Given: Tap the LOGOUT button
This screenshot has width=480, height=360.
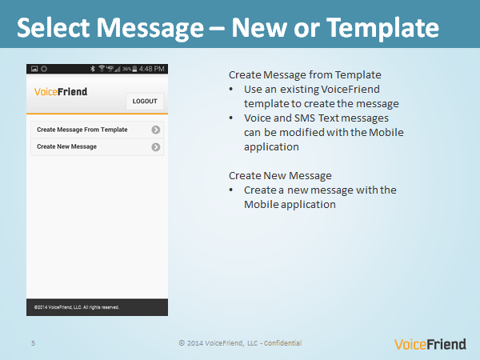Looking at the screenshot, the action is coord(145,102).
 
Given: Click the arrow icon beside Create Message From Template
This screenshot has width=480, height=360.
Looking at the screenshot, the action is coord(156,130).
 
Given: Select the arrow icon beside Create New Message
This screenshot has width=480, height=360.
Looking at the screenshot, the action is coord(156,147).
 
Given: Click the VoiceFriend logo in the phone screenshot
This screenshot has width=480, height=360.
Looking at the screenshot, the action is coord(61,91).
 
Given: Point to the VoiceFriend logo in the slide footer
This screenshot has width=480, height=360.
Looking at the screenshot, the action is coord(430,344).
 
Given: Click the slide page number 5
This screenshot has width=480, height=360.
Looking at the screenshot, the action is coord(33,343).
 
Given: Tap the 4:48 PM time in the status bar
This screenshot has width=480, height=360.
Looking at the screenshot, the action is coord(152,69).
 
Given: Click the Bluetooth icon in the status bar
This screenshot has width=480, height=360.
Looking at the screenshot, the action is coord(93,69).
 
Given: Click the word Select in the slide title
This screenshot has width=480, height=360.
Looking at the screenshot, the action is coord(54,28).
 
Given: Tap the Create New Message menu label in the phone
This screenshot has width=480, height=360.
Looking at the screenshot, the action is coord(66,146).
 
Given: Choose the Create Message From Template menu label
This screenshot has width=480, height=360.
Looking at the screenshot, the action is coord(82,130).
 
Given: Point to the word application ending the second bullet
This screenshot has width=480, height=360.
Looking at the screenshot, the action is coord(271,147).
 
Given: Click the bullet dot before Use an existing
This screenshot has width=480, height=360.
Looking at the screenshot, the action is coord(231,90).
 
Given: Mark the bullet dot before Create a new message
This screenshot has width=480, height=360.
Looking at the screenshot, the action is coord(231,190).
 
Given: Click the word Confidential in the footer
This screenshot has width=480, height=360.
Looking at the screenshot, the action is coord(282,343).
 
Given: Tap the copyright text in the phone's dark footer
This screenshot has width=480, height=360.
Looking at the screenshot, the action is coord(77,307).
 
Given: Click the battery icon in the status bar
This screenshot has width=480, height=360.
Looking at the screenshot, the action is coord(134,69).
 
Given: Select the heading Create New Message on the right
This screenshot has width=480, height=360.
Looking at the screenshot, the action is coord(280,176).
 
